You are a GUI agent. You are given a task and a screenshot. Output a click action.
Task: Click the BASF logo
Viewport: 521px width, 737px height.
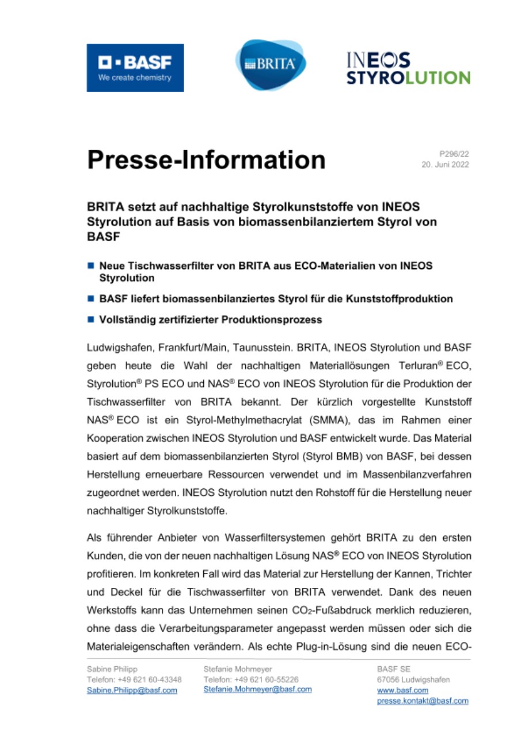[x=135, y=67]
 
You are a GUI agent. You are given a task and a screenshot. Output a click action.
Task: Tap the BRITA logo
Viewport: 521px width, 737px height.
[x=270, y=64]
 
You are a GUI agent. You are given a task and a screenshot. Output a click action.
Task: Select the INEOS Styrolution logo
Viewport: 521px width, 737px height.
[x=408, y=69]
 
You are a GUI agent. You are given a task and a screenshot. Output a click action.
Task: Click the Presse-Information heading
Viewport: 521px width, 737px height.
[x=206, y=159]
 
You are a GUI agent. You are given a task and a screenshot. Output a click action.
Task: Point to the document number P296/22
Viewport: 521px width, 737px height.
[x=454, y=154]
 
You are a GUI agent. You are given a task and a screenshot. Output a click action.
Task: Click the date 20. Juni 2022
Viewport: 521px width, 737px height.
[x=446, y=165]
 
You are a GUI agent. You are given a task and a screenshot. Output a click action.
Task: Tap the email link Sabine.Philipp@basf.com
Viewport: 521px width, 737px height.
[x=131, y=690]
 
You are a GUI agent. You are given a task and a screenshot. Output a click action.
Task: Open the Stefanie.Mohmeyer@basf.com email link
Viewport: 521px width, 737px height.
[x=257, y=689]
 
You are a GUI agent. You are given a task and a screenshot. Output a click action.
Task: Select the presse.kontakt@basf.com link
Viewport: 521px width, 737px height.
[x=423, y=701]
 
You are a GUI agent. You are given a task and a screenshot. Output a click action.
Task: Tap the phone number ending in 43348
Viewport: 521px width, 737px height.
[x=134, y=680]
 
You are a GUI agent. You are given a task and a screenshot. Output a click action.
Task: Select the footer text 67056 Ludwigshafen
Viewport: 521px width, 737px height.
[x=413, y=680]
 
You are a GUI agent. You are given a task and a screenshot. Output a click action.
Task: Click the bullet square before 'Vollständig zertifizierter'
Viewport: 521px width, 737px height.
[x=90, y=319]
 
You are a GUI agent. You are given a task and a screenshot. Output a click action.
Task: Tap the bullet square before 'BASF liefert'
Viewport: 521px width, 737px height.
[x=90, y=299]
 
